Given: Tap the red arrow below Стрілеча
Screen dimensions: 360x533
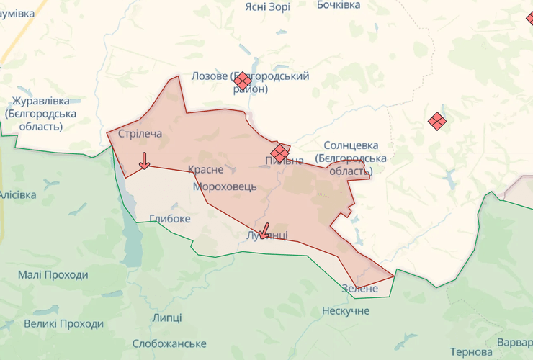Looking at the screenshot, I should tap(144, 161).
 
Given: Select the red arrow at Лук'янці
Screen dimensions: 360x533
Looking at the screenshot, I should tap(264, 230).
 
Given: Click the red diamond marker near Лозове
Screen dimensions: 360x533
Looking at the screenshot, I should tap(243, 81).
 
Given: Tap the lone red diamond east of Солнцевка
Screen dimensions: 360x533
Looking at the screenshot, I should tap(436, 121).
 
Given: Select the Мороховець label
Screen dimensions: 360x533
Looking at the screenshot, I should tap(225, 186).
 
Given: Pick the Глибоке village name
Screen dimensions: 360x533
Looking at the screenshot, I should tap(170, 218).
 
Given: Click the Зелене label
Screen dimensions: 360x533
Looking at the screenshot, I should tap(359, 288).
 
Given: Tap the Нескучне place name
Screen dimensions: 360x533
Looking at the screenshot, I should tap(346, 310).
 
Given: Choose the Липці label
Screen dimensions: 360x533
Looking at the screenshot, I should tap(167, 318).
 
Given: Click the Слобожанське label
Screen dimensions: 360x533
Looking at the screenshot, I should tap(170, 343).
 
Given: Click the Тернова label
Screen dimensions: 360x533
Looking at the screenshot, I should tap(471, 352).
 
